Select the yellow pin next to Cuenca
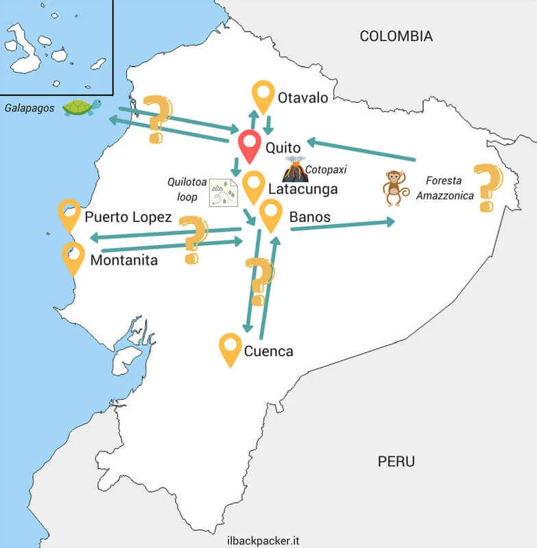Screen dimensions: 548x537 point(230,349)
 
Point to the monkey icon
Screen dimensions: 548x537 point(392,188)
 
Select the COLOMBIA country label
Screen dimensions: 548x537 point(396,36)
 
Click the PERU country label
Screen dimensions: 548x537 point(396,461)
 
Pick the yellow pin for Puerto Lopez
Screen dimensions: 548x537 point(69,214)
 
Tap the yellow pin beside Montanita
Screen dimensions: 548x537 point(73,257)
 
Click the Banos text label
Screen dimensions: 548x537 point(310,217)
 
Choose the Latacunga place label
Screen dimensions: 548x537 point(303,188)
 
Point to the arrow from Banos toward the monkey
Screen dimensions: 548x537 point(343,225)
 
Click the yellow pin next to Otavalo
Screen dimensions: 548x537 point(263,97)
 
